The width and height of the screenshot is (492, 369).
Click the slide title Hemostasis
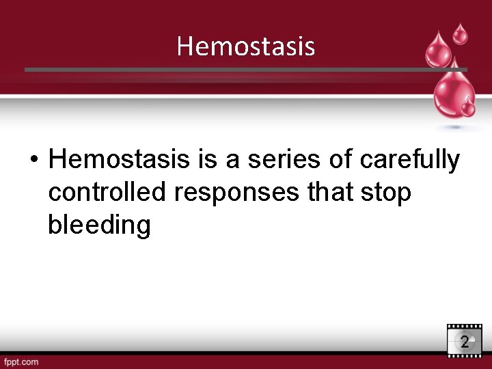pos(245,46)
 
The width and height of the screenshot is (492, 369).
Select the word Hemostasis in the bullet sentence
pos(120,160)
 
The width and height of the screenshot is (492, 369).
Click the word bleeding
pos(99,225)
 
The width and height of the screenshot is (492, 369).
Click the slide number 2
pos(465,342)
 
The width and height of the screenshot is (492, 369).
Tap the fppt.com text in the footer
pos(20,361)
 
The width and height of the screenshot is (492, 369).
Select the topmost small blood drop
pos(461,33)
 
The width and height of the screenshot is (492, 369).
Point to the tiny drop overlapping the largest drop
pos(468,107)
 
